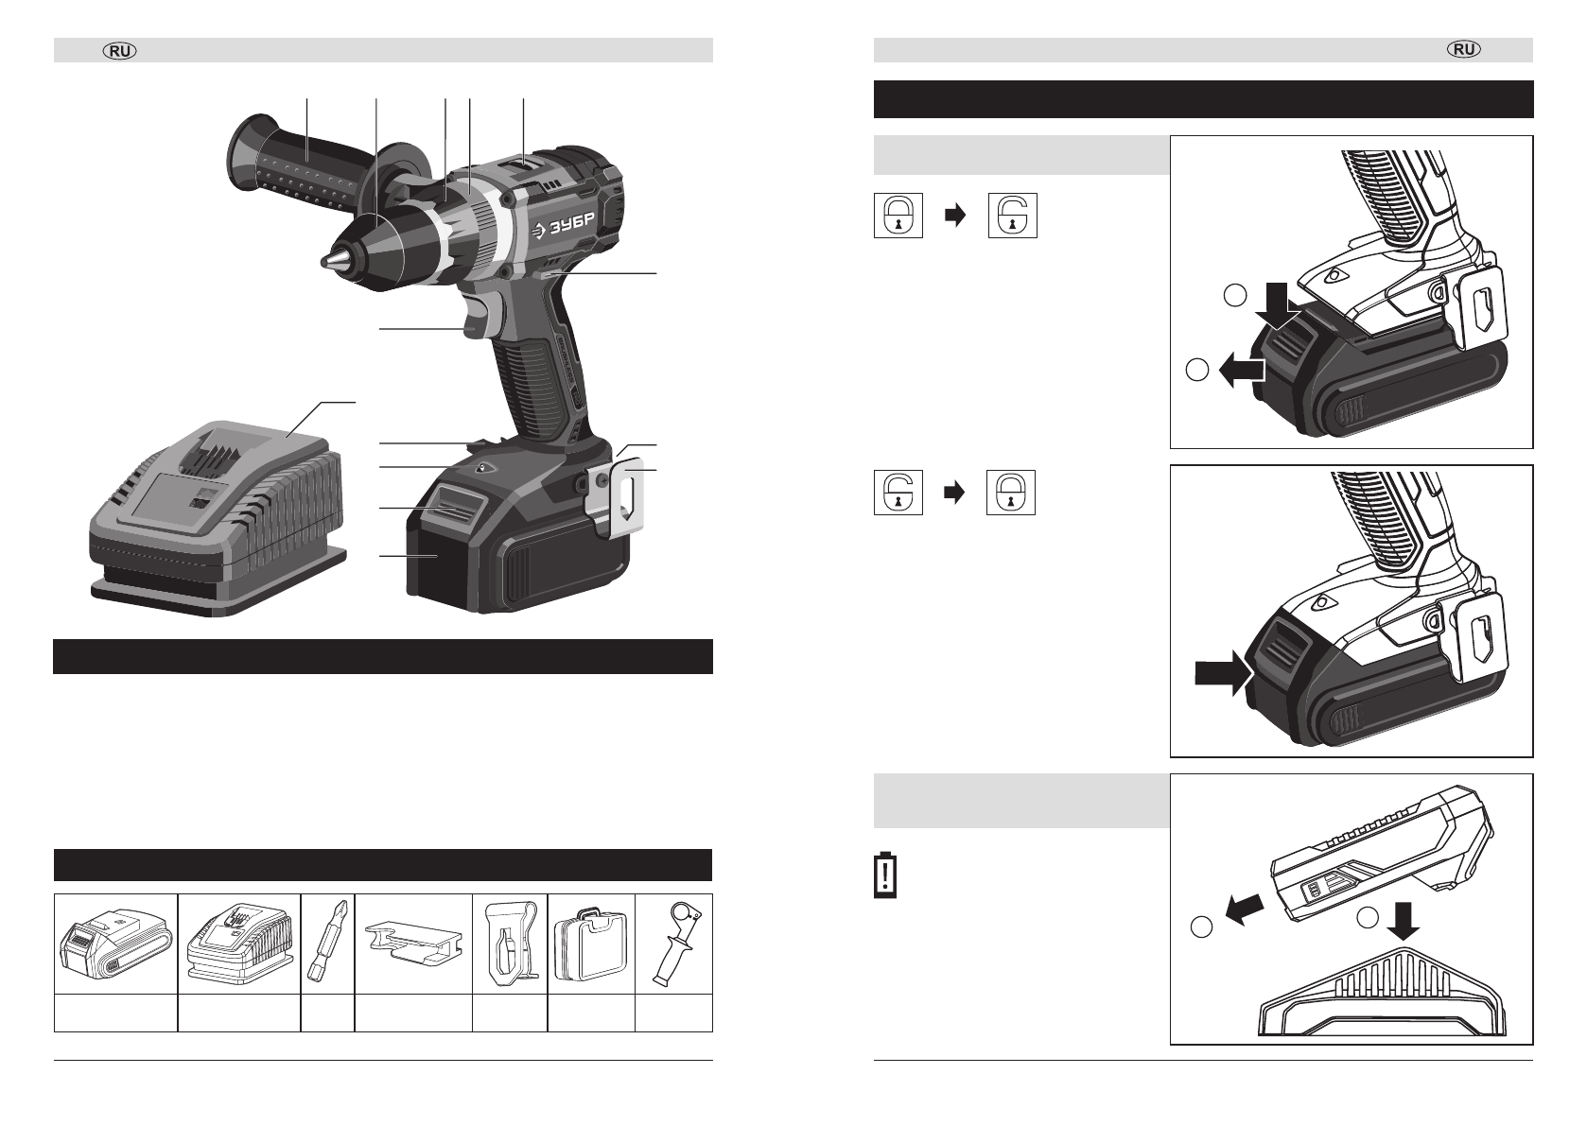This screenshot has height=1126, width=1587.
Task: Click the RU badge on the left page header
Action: tap(120, 51)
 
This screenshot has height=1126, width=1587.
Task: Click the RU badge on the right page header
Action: tap(1464, 49)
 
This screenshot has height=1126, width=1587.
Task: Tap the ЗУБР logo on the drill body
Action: tap(564, 227)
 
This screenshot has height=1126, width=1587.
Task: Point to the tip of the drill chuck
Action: tap(323, 261)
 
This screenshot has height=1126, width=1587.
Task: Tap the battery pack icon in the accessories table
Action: tap(115, 944)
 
